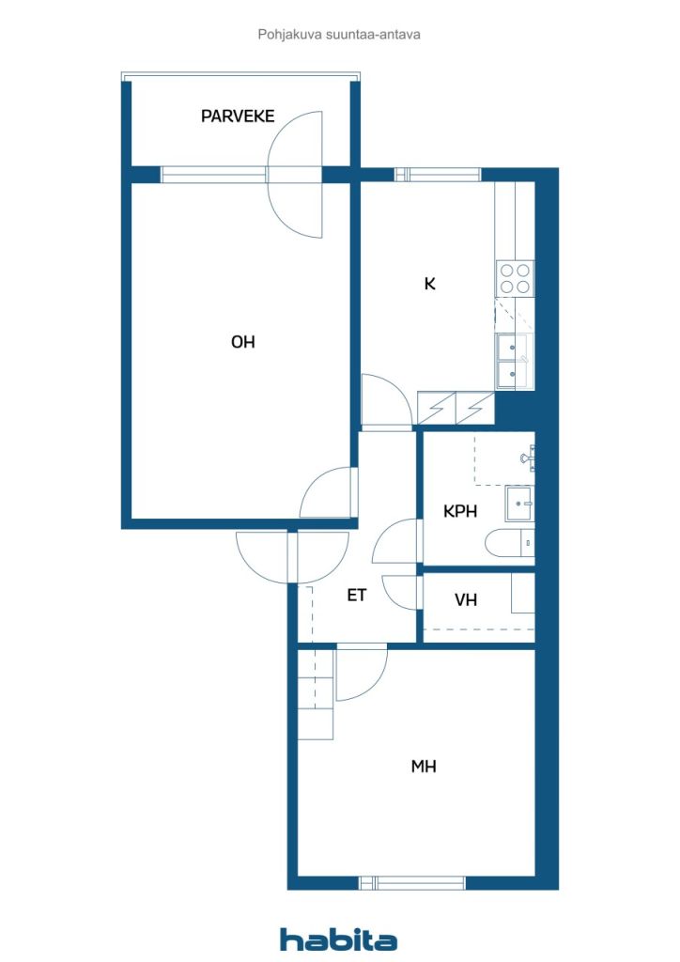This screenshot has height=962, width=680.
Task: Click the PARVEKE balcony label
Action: (x=238, y=116)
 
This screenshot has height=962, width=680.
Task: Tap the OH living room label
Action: (x=243, y=342)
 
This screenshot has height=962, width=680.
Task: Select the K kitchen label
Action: (x=430, y=284)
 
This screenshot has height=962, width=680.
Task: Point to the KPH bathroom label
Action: (x=460, y=510)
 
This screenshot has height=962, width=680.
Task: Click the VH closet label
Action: (x=466, y=599)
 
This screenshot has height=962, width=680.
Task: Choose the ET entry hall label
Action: (x=356, y=595)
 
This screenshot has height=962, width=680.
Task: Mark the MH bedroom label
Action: (x=423, y=767)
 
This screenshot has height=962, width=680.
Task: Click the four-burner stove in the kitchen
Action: (x=515, y=279)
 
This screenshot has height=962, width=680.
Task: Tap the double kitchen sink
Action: (x=514, y=362)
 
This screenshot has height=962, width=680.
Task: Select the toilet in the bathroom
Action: (x=510, y=542)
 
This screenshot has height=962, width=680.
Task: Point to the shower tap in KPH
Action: (x=528, y=458)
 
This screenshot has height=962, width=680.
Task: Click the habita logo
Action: (x=338, y=939)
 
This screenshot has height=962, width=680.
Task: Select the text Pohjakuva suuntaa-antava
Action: (x=339, y=35)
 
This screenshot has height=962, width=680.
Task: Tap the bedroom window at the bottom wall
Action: (x=412, y=883)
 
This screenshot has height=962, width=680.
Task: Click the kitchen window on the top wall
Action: (x=437, y=174)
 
